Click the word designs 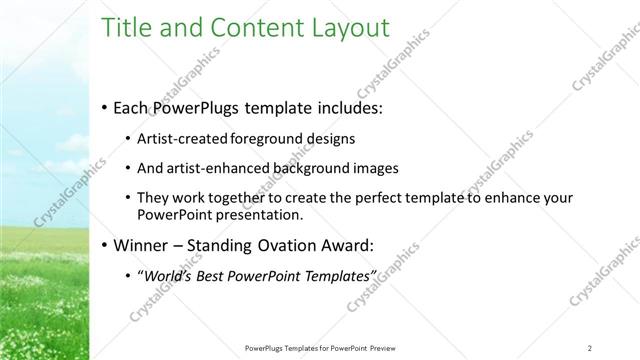click(x=331, y=138)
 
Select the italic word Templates click(x=334, y=275)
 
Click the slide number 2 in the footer click(x=590, y=347)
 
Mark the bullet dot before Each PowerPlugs click(x=105, y=107)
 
